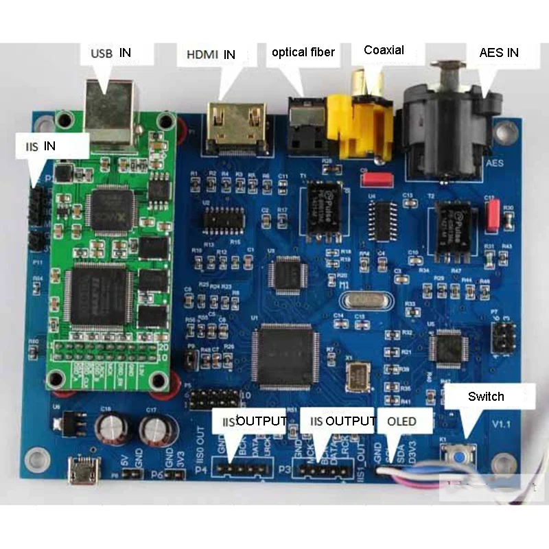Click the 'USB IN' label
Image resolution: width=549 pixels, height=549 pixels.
[110, 53]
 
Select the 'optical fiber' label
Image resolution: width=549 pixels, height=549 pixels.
[303, 52]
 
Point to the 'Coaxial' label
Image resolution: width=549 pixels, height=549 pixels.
[384, 50]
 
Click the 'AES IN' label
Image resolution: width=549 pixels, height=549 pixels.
[498, 52]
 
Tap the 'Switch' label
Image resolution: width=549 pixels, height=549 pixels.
[486, 397]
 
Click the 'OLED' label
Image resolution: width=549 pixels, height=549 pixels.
[401, 421]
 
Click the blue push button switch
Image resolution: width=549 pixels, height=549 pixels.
[454, 454]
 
